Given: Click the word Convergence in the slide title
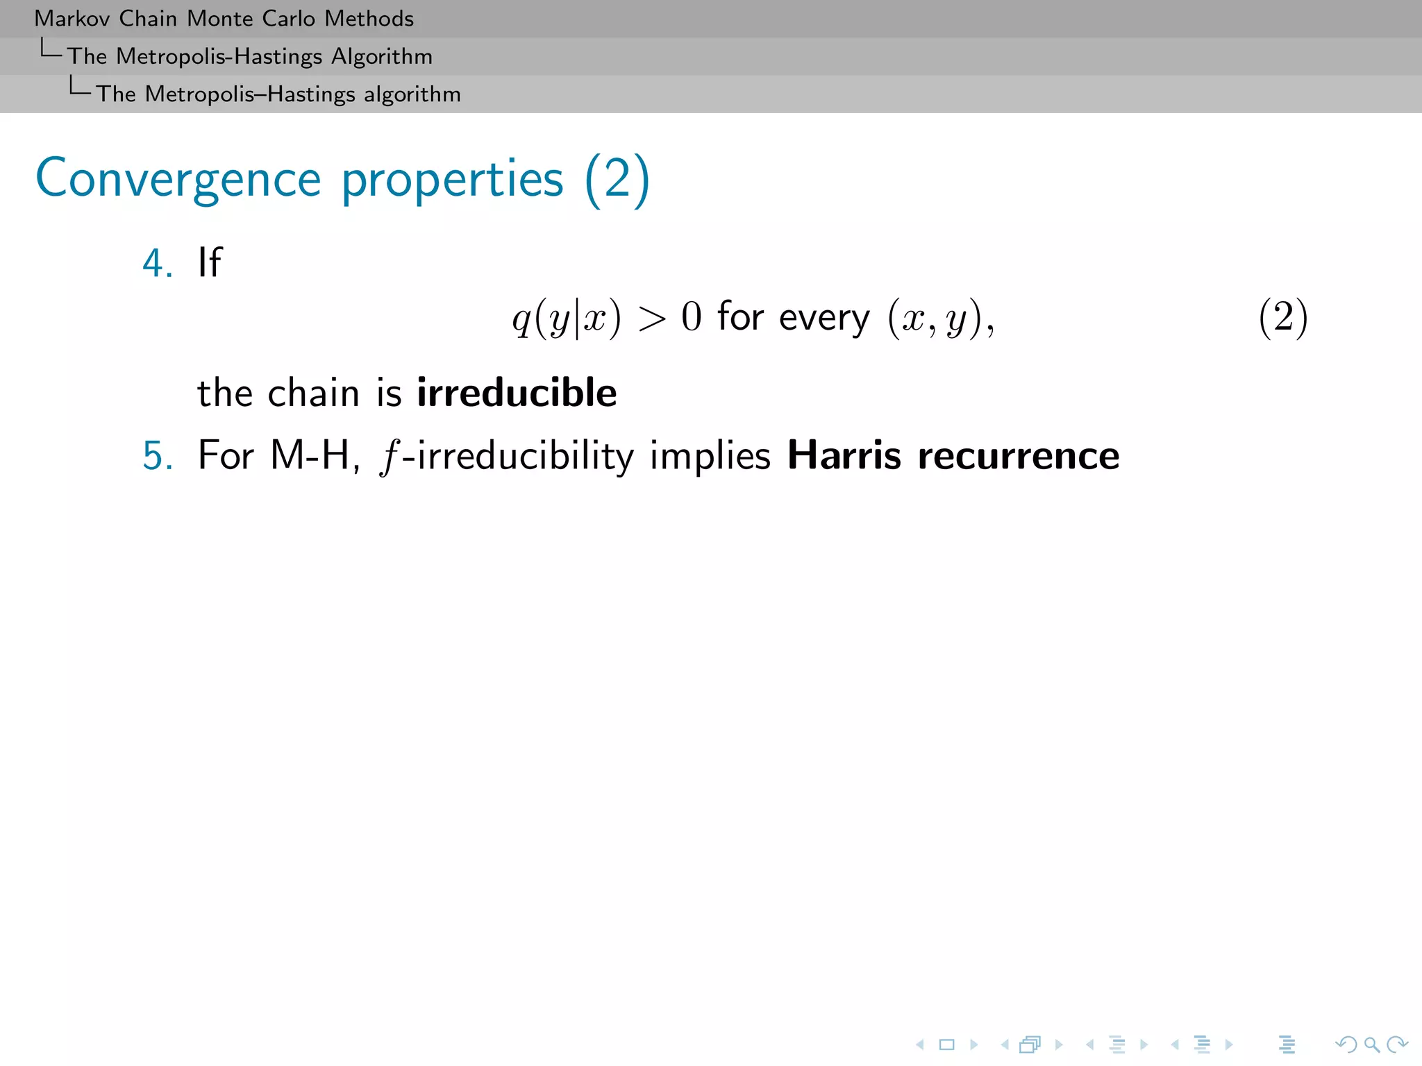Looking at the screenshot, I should pyautogui.click(x=178, y=180).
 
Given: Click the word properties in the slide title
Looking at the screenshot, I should pyautogui.click(x=452, y=180).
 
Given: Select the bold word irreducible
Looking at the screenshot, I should pyautogui.click(x=517, y=393).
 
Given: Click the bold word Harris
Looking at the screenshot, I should pyautogui.click(x=844, y=456).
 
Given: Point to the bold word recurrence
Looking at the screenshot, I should pyautogui.click(x=1019, y=456).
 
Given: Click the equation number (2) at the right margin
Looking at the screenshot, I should pyautogui.click(x=1283, y=318).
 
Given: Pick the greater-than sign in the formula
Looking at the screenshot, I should pyautogui.click(x=651, y=319).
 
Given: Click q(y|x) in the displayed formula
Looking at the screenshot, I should pyautogui.click(x=566, y=319).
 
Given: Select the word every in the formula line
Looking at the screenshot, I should pyautogui.click(x=824, y=319).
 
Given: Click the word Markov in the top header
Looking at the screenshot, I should pyautogui.click(x=72, y=19).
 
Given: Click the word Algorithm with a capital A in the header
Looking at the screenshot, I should pyautogui.click(x=382, y=56).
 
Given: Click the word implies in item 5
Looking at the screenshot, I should pyautogui.click(x=710, y=456).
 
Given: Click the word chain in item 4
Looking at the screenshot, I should pyautogui.click(x=313, y=393).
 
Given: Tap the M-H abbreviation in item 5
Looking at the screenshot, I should pyautogui.click(x=310, y=456).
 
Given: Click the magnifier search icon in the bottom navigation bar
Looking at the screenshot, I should pyautogui.click(x=1371, y=1044).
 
